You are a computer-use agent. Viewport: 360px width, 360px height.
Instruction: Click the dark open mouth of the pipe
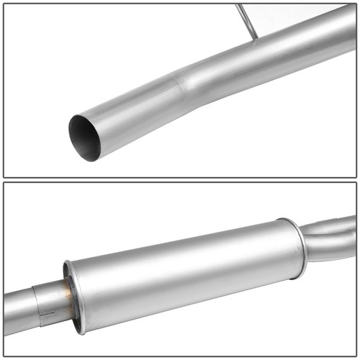85,137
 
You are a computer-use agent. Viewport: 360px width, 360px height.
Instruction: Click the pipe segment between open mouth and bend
137,108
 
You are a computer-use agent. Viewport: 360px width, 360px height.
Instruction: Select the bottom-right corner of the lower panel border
356,356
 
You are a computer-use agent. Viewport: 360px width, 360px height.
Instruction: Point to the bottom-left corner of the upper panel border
4,176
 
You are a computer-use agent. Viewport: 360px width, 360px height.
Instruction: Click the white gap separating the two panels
180,180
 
